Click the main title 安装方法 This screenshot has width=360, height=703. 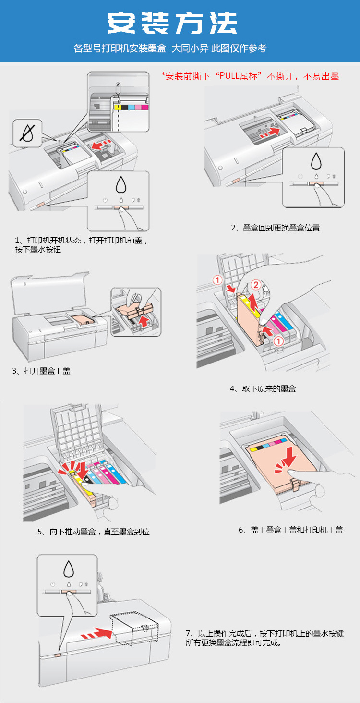coord(172,23)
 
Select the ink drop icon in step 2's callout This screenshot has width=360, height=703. coord(315,161)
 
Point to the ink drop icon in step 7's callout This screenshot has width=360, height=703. coord(68,568)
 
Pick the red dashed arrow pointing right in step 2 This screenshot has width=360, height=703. coord(269,133)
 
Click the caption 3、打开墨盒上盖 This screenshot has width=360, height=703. coord(41,371)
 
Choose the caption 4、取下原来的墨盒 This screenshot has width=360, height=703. coord(263,388)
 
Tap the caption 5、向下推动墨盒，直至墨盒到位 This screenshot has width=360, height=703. coord(94,532)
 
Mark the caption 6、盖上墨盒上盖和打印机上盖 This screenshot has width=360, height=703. coord(290,530)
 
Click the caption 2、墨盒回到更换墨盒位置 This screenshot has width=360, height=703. coord(275,228)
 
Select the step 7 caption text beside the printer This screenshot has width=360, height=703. coord(264,638)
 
